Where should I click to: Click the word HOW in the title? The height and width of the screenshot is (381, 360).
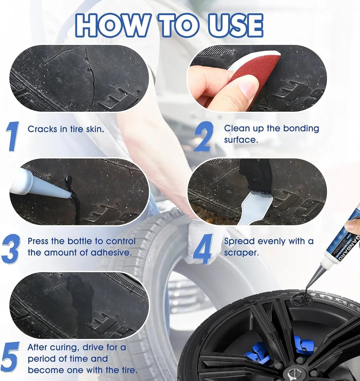click(112, 25)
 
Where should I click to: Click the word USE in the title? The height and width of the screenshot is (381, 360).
click(236, 25)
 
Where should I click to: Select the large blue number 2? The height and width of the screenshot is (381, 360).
click(204, 136)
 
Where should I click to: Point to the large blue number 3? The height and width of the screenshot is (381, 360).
click(11, 249)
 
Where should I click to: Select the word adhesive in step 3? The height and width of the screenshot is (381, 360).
click(111, 252)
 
